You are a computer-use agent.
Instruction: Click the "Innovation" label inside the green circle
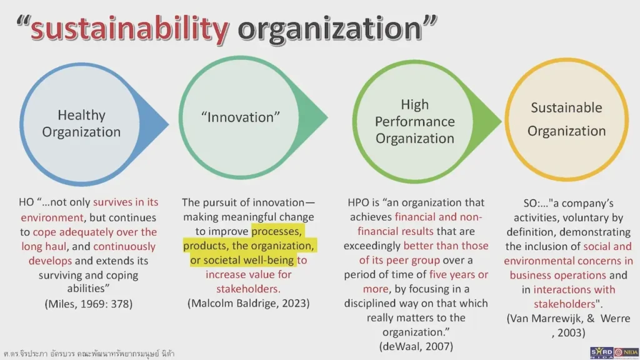[x=241, y=117]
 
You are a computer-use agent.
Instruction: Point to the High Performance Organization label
[x=414, y=121]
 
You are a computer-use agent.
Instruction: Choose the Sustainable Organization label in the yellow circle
[x=566, y=119]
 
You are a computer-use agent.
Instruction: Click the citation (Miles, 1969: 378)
[x=89, y=304]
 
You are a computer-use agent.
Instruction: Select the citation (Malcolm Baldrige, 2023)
[x=249, y=304]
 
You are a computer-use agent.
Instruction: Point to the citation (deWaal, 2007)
[x=416, y=346]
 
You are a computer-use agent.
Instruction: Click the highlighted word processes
[x=277, y=231]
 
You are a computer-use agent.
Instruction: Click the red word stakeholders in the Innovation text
[x=248, y=289]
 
